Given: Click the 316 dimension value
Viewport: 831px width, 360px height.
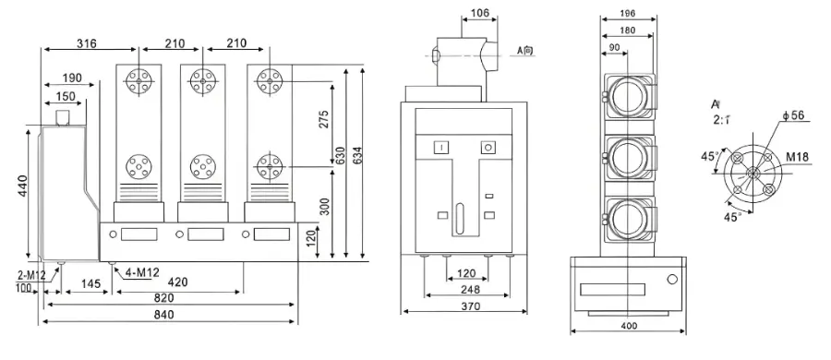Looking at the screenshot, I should click(87, 44).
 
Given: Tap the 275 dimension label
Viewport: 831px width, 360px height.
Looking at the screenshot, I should click(324, 120).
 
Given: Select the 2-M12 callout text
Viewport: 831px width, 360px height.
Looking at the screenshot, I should click(30, 274).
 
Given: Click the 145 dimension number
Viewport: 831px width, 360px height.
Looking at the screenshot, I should click(90, 282).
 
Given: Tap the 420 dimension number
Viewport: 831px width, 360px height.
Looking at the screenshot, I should click(180, 282).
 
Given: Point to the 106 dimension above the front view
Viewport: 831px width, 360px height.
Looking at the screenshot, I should click(479, 13).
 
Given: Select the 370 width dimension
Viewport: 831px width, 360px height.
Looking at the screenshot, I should click(468, 306).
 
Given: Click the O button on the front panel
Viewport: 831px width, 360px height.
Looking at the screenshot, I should click(488, 146).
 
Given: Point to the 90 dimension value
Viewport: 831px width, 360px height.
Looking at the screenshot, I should click(615, 48).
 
